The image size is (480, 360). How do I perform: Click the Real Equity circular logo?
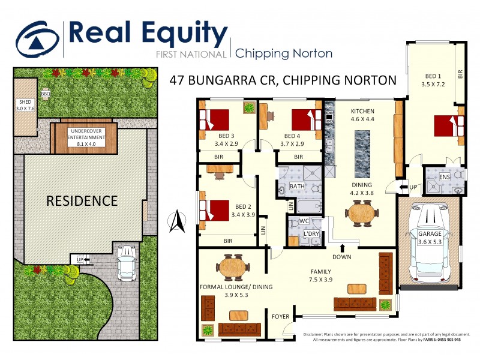pyautogui.click(x=38, y=39)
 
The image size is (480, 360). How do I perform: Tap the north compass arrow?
pyautogui.click(x=177, y=222)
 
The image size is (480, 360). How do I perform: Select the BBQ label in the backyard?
pyautogui.click(x=46, y=94)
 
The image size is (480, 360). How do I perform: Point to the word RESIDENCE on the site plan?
pyautogui.click(x=82, y=200)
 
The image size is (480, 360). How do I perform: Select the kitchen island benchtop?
pyautogui.click(x=362, y=151)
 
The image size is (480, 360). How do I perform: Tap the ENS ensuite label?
pyautogui.click(x=444, y=177)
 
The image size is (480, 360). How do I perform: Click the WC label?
pyautogui.click(x=304, y=221)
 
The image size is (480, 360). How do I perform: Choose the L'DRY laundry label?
pyautogui.click(x=311, y=232)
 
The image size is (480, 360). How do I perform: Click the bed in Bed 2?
pyautogui.click(x=215, y=209)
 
